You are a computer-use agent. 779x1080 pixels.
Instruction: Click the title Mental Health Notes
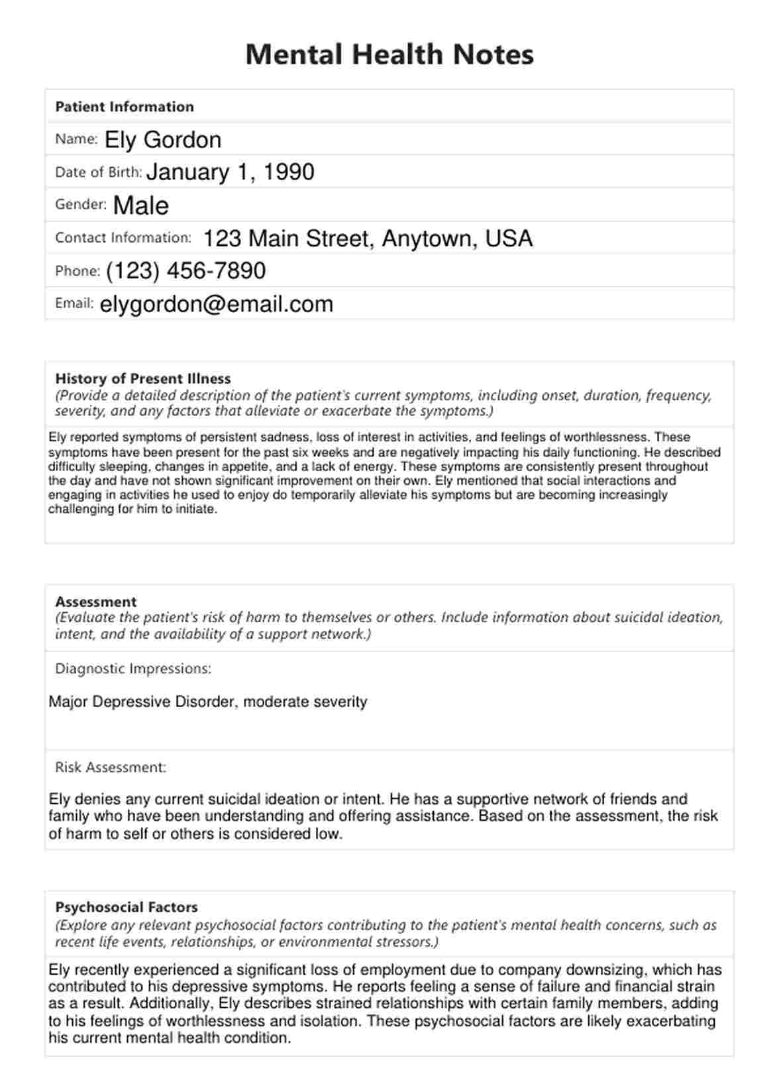(389, 54)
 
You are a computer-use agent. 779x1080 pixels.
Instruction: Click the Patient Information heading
(125, 107)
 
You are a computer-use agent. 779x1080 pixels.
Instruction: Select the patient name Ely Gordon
(163, 140)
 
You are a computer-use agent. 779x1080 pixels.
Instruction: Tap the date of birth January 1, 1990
(230, 172)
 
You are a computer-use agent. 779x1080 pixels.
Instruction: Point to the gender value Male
(141, 205)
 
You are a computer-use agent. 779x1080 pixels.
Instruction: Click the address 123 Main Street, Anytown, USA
(368, 239)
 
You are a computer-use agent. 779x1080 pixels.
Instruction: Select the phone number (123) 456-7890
(185, 271)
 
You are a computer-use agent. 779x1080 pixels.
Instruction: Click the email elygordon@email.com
(217, 304)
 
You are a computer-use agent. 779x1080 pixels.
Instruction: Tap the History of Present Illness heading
(143, 379)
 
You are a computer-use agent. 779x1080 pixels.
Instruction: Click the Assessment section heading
(96, 602)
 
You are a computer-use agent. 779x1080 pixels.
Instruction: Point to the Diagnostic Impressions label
(133, 669)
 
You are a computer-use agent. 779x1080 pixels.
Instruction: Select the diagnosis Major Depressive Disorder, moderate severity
(208, 702)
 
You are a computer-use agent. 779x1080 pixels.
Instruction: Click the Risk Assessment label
(111, 767)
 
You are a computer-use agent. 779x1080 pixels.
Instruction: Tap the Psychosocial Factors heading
(127, 907)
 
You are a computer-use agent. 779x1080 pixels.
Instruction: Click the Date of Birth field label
(99, 172)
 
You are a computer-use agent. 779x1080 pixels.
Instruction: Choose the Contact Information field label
(123, 238)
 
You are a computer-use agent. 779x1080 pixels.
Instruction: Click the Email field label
(74, 303)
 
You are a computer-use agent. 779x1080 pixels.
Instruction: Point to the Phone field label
(78, 271)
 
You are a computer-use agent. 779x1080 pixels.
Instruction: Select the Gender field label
(81, 205)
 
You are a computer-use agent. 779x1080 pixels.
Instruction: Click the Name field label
(76, 139)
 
